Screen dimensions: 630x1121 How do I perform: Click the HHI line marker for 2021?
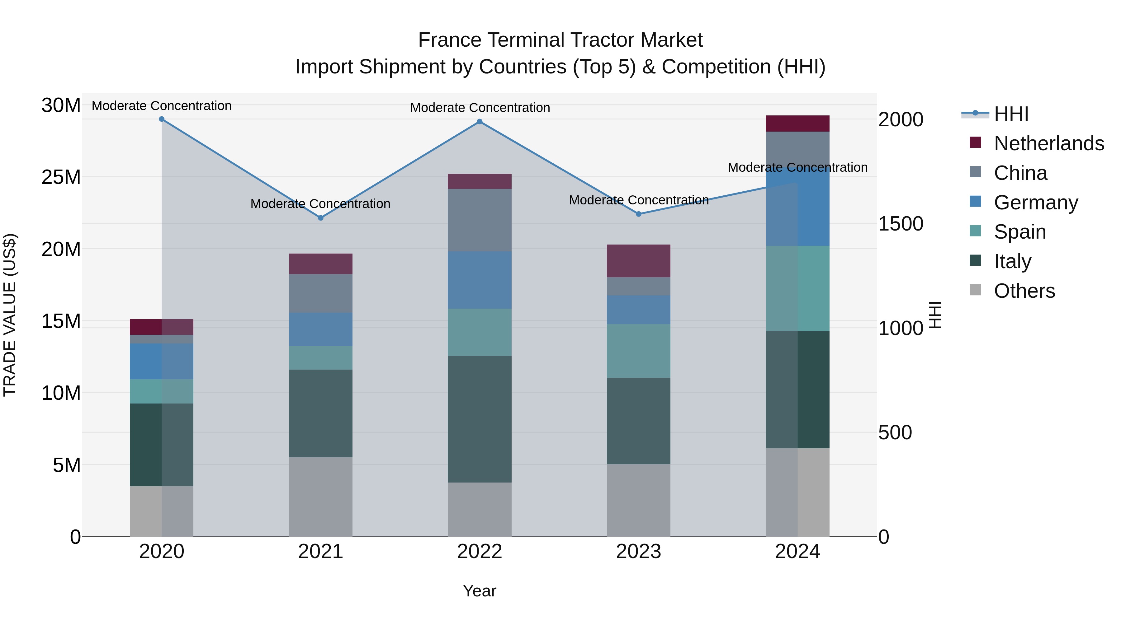point(321,218)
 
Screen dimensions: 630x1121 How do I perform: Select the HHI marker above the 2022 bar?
point(480,122)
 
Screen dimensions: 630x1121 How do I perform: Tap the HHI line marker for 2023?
point(638,214)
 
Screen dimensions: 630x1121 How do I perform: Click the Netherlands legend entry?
point(1048,143)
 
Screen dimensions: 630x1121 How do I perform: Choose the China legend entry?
point(1020,173)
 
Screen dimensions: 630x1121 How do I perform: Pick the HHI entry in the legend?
point(1011,114)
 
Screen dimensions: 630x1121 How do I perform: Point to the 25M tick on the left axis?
point(61,177)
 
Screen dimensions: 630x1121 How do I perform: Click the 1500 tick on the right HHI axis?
point(900,224)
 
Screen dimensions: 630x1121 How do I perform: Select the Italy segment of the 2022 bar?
point(480,419)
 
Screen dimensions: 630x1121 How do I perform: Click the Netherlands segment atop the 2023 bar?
point(638,261)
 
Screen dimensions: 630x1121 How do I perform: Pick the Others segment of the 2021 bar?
point(321,497)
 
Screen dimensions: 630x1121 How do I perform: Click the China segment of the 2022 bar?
point(480,220)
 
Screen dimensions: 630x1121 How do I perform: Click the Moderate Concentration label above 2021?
point(320,204)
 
